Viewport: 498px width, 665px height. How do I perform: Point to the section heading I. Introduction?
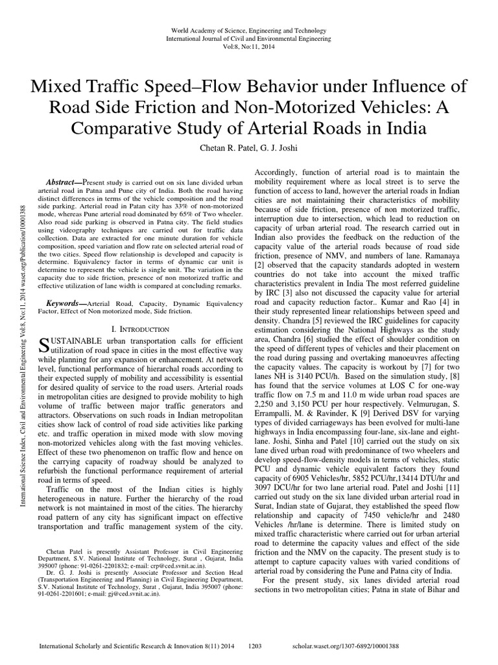coord(141,329)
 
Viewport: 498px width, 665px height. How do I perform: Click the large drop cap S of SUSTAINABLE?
coord(45,345)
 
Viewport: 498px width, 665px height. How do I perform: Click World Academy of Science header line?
coord(248,31)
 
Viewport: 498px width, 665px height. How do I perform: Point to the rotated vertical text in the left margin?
coord(23,344)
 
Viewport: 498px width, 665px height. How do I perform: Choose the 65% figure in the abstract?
coord(184,212)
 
